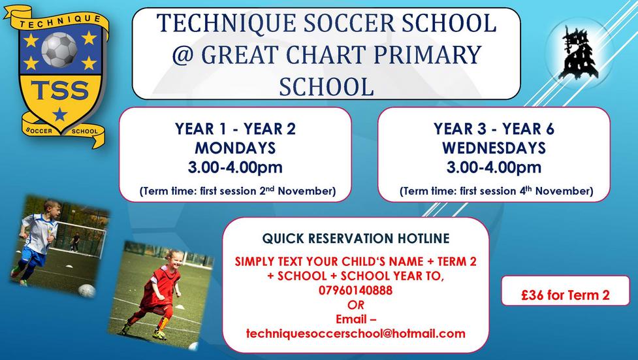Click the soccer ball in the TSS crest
pos(59,50)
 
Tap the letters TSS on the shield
pos(60,90)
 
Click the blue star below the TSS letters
pos(60,114)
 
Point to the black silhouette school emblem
pos(578,52)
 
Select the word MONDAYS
pos(235,148)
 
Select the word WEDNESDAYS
pos(494,148)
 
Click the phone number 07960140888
pos(356,290)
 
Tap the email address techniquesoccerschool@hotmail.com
pos(356,333)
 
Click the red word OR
pos(356,305)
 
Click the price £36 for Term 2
pos(565,295)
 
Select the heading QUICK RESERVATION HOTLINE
pos(356,238)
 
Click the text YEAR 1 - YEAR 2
pos(235,129)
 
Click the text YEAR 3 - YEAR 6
pos(494,129)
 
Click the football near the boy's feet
pos(87,290)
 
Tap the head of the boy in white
pos(52,209)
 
